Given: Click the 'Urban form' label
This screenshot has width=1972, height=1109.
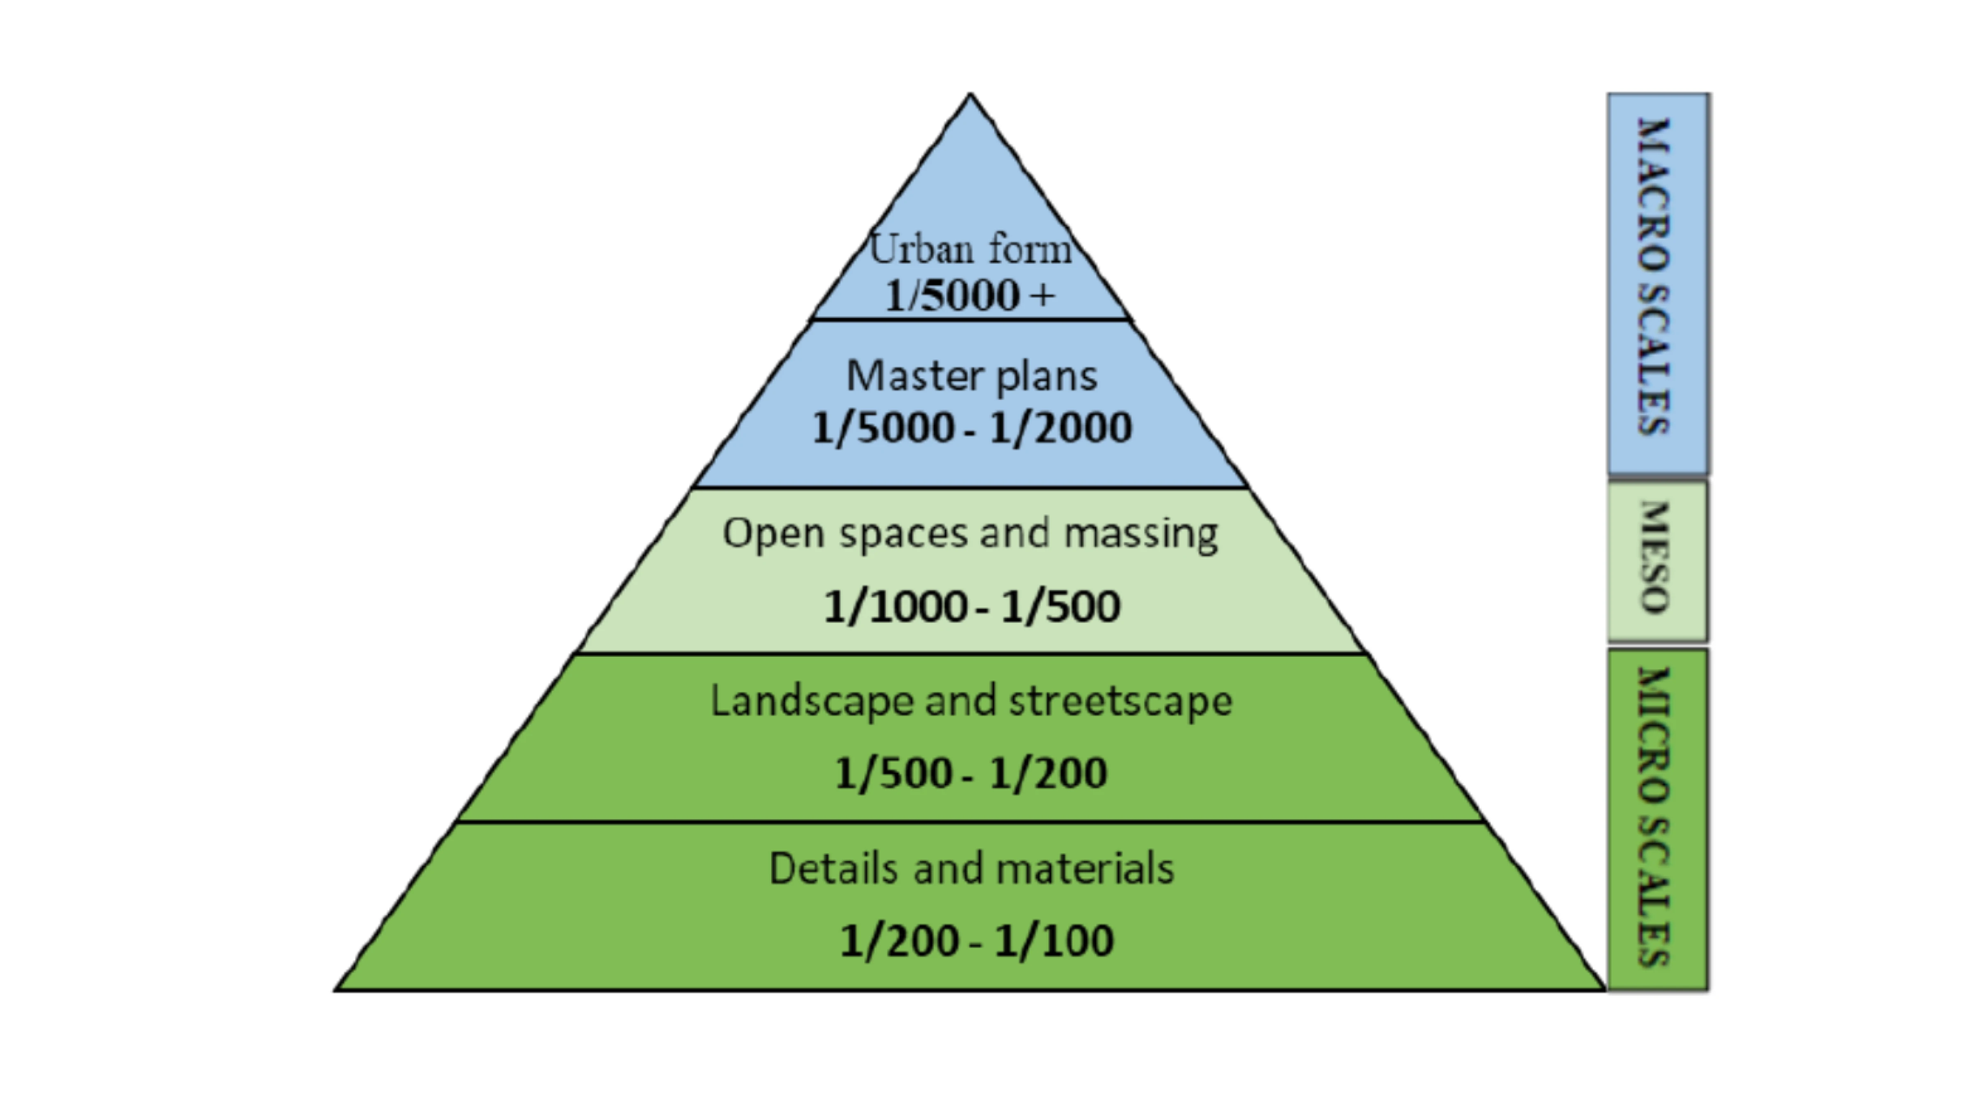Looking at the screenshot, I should click(970, 249).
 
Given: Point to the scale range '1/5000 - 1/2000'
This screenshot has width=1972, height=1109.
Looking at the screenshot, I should click(972, 427).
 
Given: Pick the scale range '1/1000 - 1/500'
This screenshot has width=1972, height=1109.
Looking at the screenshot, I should click(972, 606).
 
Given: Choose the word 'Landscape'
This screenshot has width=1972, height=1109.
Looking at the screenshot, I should click(811, 701).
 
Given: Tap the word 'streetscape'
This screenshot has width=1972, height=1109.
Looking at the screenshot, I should click(1121, 701).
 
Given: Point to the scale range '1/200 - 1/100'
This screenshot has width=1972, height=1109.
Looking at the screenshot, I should click(976, 941).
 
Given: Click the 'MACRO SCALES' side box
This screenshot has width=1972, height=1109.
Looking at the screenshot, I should click(1657, 283).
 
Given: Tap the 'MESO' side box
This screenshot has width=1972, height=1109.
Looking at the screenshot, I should click(1657, 560).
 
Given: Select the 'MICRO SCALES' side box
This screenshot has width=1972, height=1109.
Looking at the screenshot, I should click(1657, 819).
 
